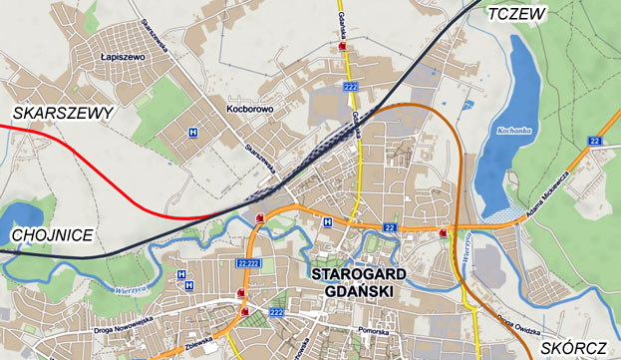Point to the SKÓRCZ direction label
575,348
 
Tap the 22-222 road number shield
250,262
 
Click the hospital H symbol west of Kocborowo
192,132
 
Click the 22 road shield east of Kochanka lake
596,142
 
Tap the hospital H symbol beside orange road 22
327,221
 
